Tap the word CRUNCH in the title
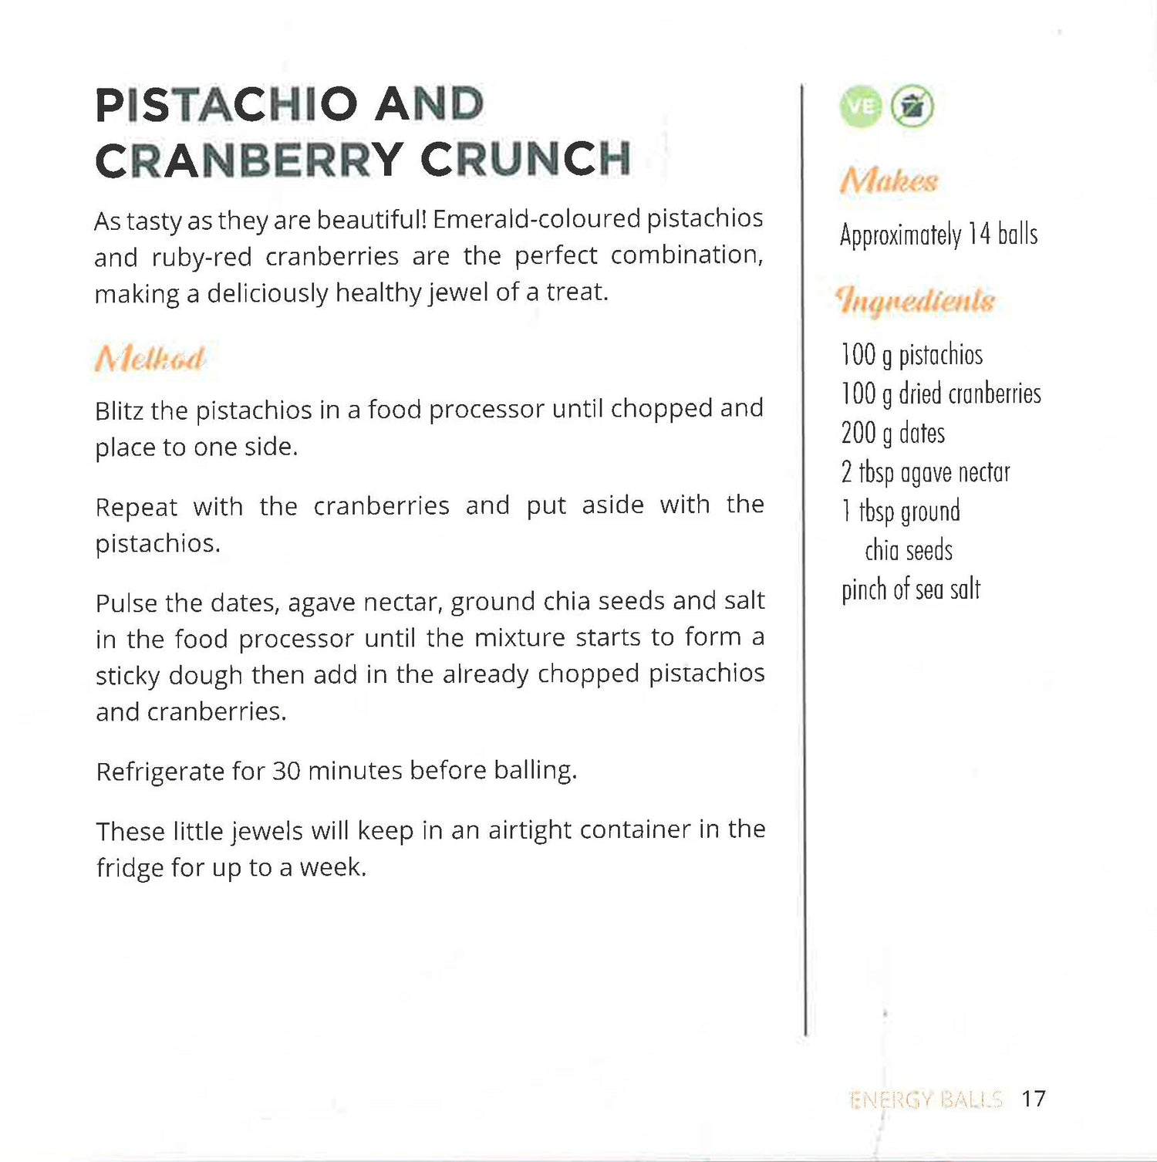pos(526,159)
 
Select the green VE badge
pos(860,106)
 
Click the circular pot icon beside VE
pos(912,106)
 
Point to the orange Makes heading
pos(889,181)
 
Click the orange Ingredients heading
pos(916,300)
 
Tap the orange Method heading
pos(150,359)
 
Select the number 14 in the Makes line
pos(979,234)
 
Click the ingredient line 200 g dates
pos(892,433)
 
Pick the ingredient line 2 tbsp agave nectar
pos(925,472)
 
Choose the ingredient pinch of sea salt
pos(910,589)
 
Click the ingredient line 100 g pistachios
pos(912,355)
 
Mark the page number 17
pos(1033,1098)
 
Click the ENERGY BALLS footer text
pos(925,1099)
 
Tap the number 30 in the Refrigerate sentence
pos(286,771)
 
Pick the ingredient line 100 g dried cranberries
pos(940,394)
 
